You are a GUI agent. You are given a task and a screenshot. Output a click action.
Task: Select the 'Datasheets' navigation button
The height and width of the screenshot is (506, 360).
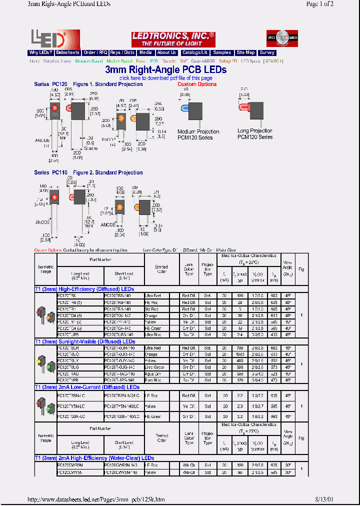tap(67, 52)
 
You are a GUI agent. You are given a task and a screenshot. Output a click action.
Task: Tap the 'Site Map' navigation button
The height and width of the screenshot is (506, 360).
tap(245, 52)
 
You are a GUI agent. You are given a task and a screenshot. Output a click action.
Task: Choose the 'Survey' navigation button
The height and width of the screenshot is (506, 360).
tap(267, 52)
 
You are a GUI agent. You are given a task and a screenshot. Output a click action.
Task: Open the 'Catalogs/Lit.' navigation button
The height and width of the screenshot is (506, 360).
tap(195, 52)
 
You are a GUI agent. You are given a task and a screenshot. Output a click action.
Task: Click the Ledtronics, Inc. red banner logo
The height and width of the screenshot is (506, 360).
tap(173, 39)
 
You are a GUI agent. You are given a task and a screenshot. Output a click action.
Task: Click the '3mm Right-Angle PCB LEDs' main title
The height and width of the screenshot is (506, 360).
tap(166, 69)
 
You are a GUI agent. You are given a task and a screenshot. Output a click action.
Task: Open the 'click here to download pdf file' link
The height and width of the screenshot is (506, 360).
tap(166, 78)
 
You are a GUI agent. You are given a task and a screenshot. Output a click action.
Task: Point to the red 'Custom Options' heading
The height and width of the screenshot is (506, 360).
tap(197, 84)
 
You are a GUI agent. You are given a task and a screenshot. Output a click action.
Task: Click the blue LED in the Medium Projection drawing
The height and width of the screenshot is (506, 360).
tap(184, 108)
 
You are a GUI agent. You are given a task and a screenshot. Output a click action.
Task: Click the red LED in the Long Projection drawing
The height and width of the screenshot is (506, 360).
tap(244, 107)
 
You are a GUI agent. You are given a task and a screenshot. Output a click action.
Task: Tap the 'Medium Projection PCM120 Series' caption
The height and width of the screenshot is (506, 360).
tap(198, 134)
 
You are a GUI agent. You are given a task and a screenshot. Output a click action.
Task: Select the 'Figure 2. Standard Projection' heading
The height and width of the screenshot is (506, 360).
tap(108, 172)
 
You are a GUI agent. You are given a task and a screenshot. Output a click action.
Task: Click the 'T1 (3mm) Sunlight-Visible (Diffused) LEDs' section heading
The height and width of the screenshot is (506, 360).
tap(84, 341)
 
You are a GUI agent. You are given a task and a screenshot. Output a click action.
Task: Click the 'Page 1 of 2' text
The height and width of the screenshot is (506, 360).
tap(319, 4)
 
